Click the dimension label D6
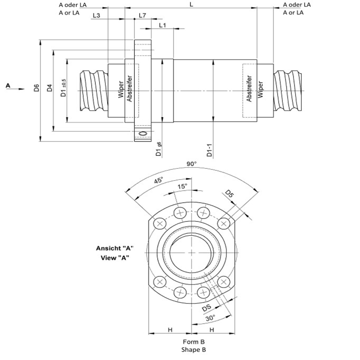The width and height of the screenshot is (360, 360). pyautogui.click(x=36, y=88)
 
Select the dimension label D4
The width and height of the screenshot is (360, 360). pyautogui.click(x=49, y=88)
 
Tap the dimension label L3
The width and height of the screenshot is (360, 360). pyautogui.click(x=96, y=15)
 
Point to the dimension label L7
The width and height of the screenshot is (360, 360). pyautogui.click(x=142, y=15)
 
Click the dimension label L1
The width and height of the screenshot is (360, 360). pyautogui.click(x=162, y=25)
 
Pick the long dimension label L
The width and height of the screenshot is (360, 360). pyautogui.click(x=191, y=4)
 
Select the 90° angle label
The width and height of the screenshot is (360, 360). pyautogui.click(x=191, y=164)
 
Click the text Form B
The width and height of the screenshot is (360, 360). pyautogui.click(x=194, y=342)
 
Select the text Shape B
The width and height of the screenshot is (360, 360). pyautogui.click(x=194, y=349)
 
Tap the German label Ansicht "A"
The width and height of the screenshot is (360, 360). pyautogui.click(x=114, y=248)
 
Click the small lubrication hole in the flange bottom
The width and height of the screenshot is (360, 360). pyautogui.click(x=142, y=132)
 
